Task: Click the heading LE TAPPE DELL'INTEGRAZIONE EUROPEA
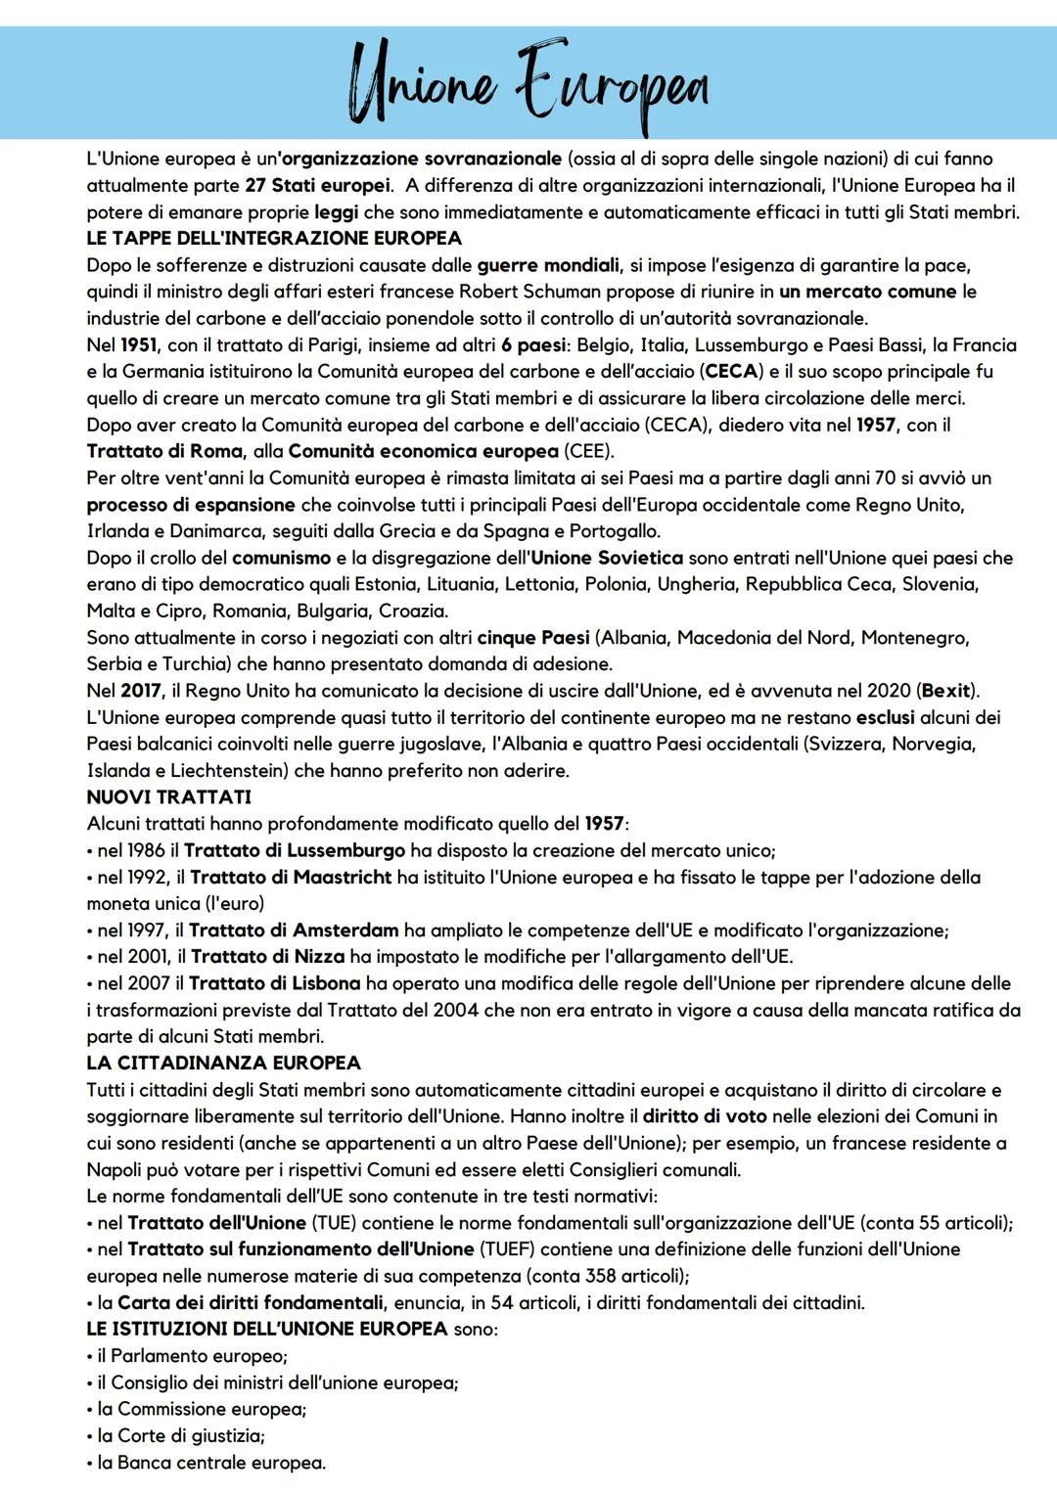coord(274,238)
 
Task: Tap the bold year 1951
coord(138,344)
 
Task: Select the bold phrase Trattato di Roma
coord(164,451)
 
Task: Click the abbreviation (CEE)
coord(588,451)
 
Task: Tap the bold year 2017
coord(141,691)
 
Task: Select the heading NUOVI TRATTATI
coord(169,797)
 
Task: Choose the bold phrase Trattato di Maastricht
coord(291,878)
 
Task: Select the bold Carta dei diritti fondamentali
coord(251,1302)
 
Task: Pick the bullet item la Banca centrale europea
coord(211,1463)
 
